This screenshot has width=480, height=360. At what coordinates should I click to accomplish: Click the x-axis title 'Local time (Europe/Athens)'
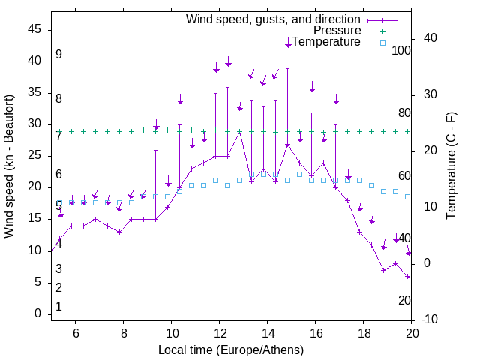(x=231, y=349)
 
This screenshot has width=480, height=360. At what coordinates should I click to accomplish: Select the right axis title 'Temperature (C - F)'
(x=451, y=166)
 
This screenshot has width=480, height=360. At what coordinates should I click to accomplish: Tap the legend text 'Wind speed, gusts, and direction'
(x=274, y=19)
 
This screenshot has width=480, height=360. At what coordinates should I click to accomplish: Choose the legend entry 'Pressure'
(x=337, y=31)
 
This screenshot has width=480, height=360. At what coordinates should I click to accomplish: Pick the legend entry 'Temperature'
(x=326, y=43)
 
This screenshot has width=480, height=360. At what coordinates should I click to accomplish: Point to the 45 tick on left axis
(x=34, y=29)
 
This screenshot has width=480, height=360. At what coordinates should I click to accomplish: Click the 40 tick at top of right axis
(x=430, y=38)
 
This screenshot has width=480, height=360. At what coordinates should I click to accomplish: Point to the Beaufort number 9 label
(x=58, y=55)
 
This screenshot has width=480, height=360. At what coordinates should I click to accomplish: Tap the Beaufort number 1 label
(x=58, y=307)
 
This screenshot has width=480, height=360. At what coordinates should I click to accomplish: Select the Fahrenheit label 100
(x=401, y=50)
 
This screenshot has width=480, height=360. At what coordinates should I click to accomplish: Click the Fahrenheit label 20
(x=404, y=300)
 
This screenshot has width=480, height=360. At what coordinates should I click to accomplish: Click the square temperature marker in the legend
(x=382, y=43)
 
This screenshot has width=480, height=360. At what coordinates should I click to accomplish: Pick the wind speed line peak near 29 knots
(x=239, y=131)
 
